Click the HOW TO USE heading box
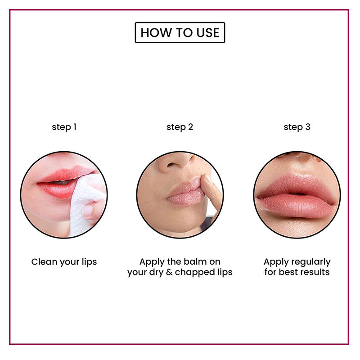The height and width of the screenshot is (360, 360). click(x=180, y=32)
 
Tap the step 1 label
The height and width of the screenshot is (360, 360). click(x=64, y=127)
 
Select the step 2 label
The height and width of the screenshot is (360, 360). click(x=180, y=127)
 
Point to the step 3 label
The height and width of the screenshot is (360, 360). click(x=297, y=127)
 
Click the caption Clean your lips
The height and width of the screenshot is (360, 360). click(x=64, y=261)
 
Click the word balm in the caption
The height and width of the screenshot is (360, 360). click(x=198, y=261)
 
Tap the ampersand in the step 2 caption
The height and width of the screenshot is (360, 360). click(x=169, y=272)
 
